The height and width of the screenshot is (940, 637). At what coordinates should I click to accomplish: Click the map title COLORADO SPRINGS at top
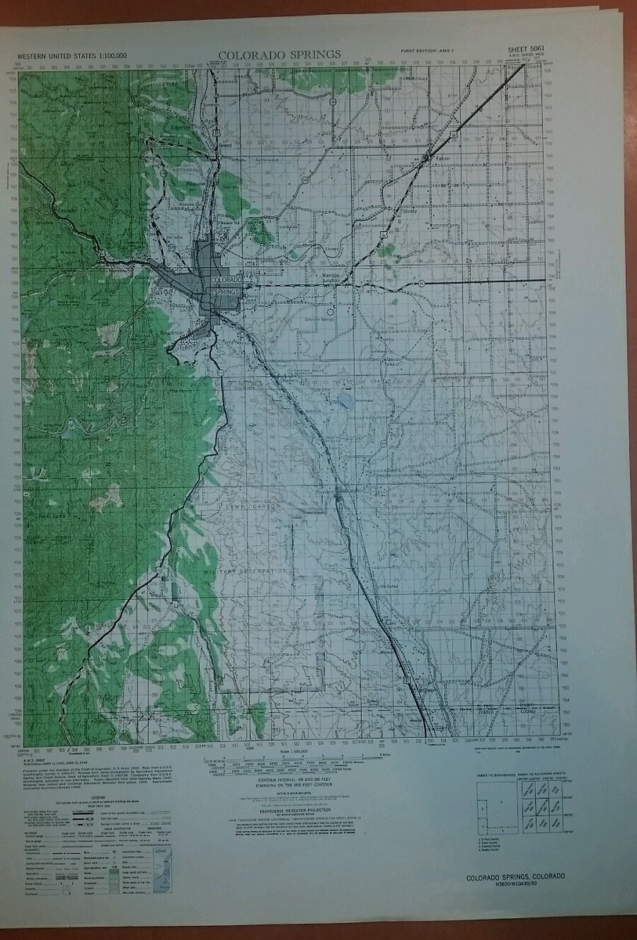[280, 55]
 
